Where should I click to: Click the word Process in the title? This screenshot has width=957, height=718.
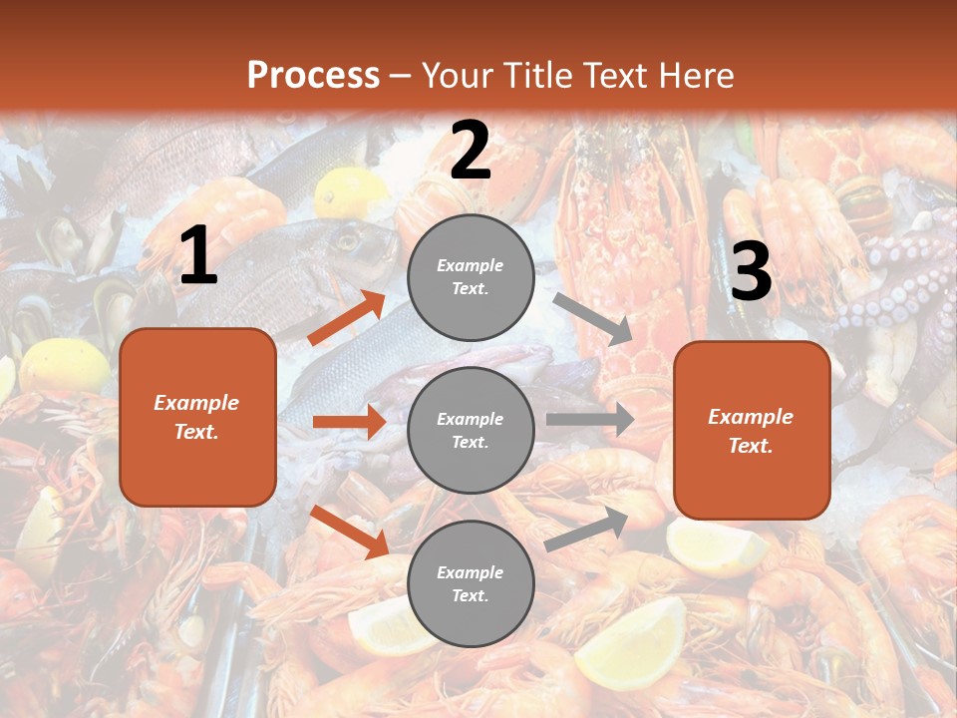pos(313,75)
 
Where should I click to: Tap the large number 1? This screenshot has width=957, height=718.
pos(198,256)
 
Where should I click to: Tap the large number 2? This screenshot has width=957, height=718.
pos(471,151)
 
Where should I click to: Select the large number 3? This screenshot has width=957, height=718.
pos(751,271)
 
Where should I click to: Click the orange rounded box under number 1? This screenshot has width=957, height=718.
pos(197,417)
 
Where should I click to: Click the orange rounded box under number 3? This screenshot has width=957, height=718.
pos(752,430)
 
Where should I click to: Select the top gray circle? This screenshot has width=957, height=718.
pos(471,277)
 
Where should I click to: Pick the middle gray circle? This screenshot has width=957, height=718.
pos(471,430)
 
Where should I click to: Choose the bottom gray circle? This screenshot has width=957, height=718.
pos(471,583)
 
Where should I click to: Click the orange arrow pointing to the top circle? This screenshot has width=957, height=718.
pos(347,317)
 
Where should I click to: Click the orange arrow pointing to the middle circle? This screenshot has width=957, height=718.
pos(350,422)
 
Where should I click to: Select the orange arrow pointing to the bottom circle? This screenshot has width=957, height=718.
pos(350,532)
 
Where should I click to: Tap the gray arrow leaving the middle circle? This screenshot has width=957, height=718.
pos(589,419)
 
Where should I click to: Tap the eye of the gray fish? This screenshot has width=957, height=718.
pos(348,240)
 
